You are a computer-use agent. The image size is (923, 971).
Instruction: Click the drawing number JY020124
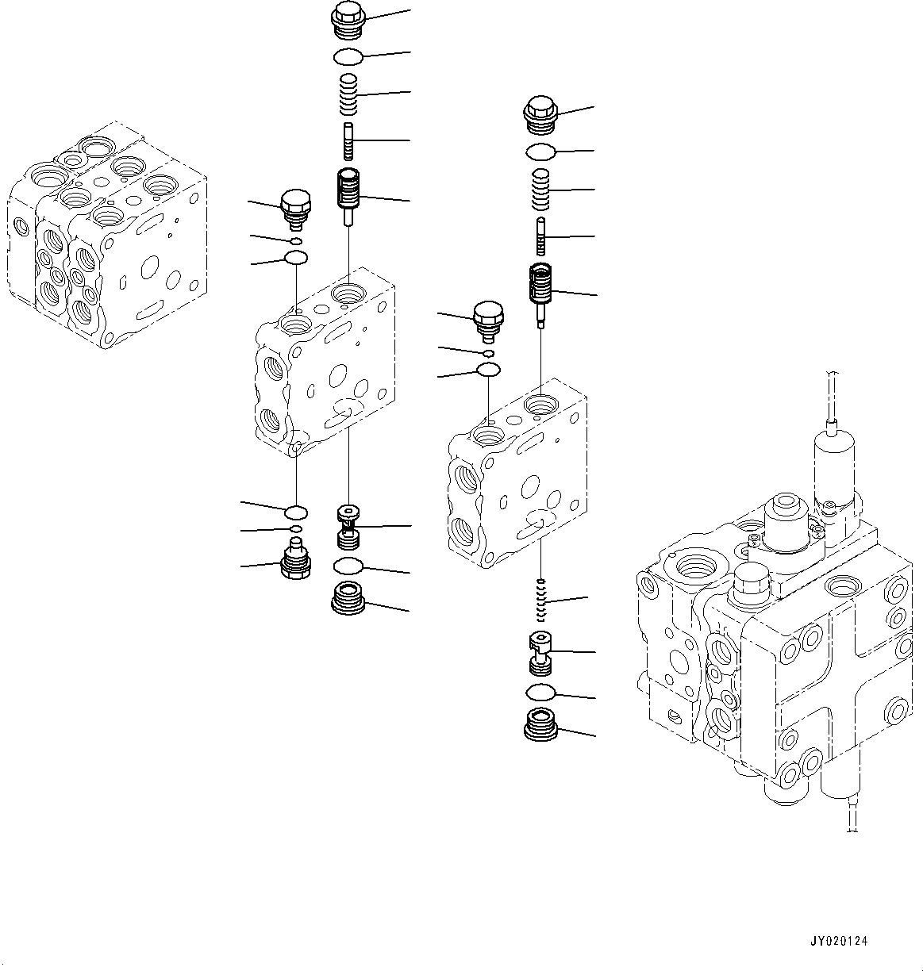(839, 941)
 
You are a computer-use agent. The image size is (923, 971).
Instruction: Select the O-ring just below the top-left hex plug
(348, 56)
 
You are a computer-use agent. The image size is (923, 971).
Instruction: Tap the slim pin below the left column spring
(348, 140)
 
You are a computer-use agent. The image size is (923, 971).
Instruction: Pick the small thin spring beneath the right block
(541, 601)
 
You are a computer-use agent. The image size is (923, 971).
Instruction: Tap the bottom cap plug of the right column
(540, 726)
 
